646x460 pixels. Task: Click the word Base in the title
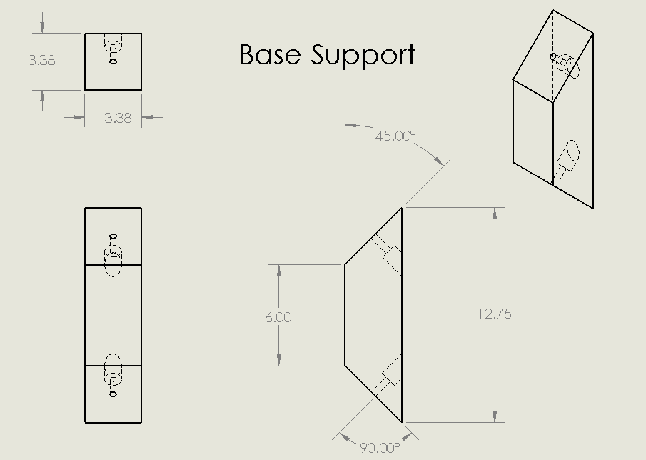[270, 55]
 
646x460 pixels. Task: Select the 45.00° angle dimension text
[395, 135]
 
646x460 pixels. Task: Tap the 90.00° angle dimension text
[379, 448]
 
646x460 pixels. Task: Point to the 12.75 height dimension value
[495, 314]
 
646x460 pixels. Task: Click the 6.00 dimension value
[278, 316]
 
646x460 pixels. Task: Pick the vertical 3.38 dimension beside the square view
[41, 61]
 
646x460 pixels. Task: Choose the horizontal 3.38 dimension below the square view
[118, 118]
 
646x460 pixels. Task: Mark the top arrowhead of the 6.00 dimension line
[278, 270]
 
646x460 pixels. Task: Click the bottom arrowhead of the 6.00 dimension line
[278, 361]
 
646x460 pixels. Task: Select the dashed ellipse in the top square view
[113, 48]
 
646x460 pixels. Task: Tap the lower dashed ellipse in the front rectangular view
[113, 366]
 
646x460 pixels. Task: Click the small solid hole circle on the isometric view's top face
[552, 56]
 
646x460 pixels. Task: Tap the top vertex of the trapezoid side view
[401, 208]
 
